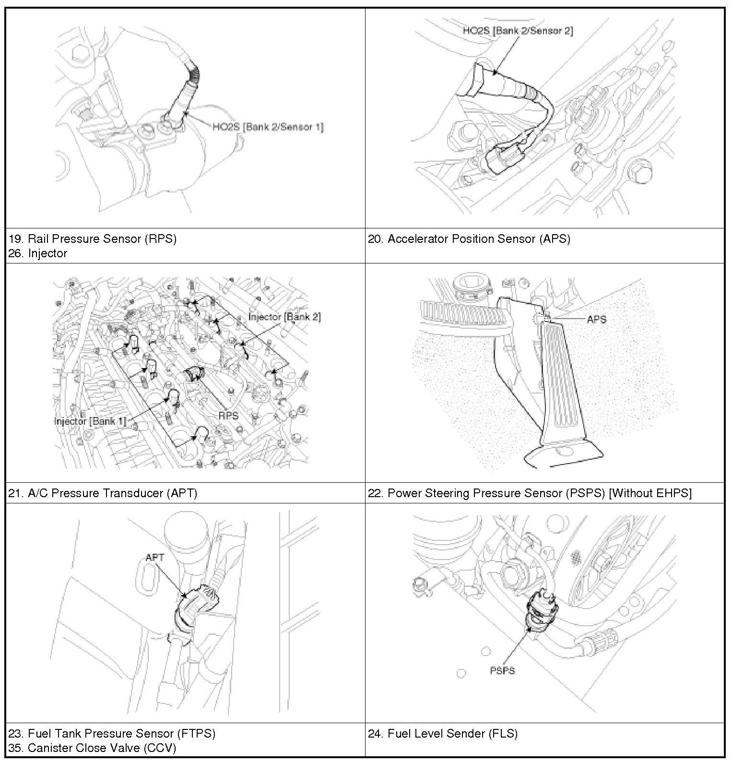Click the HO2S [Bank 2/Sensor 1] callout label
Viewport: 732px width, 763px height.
tap(268, 127)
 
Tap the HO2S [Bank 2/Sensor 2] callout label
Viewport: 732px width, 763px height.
tap(518, 31)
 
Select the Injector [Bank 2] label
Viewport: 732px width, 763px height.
tap(284, 317)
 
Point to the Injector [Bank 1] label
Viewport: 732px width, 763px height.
tap(91, 421)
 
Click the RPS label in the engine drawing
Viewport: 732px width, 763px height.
tap(228, 416)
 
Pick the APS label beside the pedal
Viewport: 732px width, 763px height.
tap(596, 319)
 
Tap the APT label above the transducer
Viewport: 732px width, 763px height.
tap(155, 557)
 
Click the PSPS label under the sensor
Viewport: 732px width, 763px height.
tap(502, 670)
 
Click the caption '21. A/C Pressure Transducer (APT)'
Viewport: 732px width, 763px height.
tap(103, 493)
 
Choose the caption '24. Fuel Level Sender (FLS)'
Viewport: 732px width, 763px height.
tap(443, 733)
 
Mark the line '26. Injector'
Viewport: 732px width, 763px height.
tap(38, 253)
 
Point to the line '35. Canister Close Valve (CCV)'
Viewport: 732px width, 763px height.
tap(92, 748)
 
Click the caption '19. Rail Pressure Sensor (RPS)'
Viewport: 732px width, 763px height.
tap(93, 239)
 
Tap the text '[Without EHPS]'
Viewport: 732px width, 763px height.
tap(650, 493)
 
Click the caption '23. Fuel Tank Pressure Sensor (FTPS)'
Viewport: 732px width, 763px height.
tap(112, 733)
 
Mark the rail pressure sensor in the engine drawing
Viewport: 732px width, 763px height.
tap(194, 374)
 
